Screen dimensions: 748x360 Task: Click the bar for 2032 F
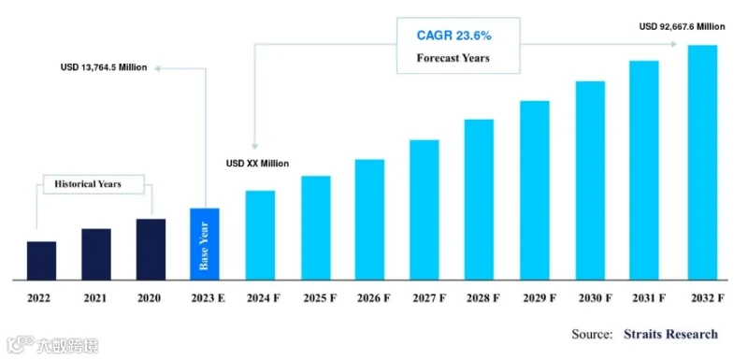[702, 162]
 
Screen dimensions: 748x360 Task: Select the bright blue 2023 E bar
[205, 244]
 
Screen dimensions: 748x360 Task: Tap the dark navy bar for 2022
[41, 261]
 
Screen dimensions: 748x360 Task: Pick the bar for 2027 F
[424, 209]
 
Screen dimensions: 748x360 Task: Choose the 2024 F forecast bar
[260, 235]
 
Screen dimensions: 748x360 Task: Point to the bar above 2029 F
[535, 190]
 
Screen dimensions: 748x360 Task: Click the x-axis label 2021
[95, 298]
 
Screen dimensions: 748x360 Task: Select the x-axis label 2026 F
[373, 298]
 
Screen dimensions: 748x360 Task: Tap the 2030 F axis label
[596, 298]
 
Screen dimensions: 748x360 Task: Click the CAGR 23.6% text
[454, 36]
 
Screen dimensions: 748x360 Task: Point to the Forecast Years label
[453, 58]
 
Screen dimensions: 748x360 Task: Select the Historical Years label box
[93, 184]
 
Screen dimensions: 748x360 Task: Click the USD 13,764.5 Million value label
[104, 67]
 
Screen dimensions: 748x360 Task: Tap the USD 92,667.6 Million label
[683, 27]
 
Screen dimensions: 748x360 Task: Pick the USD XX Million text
[258, 164]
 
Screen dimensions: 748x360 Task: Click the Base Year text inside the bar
[204, 246]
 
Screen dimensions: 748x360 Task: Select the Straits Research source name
[670, 334]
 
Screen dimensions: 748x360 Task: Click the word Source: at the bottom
[592, 334]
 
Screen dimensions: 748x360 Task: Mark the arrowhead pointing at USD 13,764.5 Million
[158, 68]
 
